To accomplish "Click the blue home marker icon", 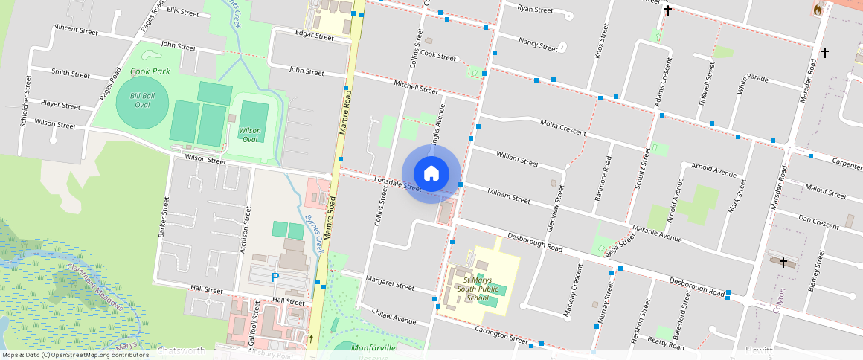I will tap(431, 174).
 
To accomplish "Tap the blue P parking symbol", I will tap(275, 277).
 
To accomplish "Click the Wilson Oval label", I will tap(249, 135).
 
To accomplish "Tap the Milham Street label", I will tap(508, 196).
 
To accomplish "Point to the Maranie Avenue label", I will tap(657, 235).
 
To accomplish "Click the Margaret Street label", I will tap(390, 283).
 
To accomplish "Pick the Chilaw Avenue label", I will tap(394, 317).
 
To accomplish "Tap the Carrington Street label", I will tap(503, 337).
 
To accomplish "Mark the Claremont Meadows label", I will tap(94, 283).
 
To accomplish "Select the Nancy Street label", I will tap(538, 44).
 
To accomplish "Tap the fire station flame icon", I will tap(818, 10).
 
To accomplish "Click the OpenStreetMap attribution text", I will tap(76, 355).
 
